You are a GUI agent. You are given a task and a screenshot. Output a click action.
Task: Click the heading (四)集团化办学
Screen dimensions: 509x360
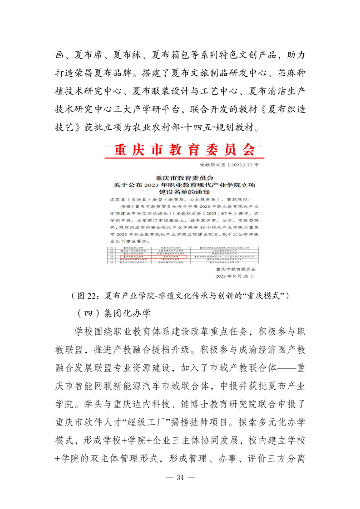pyautogui.click(x=113, y=313)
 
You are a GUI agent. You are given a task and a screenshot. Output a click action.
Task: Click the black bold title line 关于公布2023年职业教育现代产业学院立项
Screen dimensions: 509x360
pyautogui.click(x=181, y=185)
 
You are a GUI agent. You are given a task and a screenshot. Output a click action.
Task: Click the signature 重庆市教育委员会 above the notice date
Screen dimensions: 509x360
pyautogui.click(x=234, y=268)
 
